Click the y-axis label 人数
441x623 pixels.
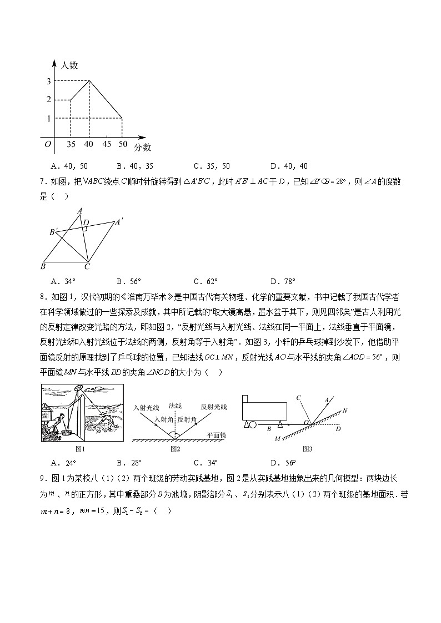(x=71, y=65)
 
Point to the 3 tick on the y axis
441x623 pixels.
(x=49, y=82)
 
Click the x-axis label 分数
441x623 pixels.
(x=143, y=147)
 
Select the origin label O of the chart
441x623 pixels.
(x=48, y=144)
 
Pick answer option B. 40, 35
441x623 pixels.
(x=135, y=166)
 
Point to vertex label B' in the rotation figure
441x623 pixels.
(x=53, y=232)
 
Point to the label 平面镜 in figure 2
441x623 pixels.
(x=216, y=436)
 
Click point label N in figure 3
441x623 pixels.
(x=345, y=411)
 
